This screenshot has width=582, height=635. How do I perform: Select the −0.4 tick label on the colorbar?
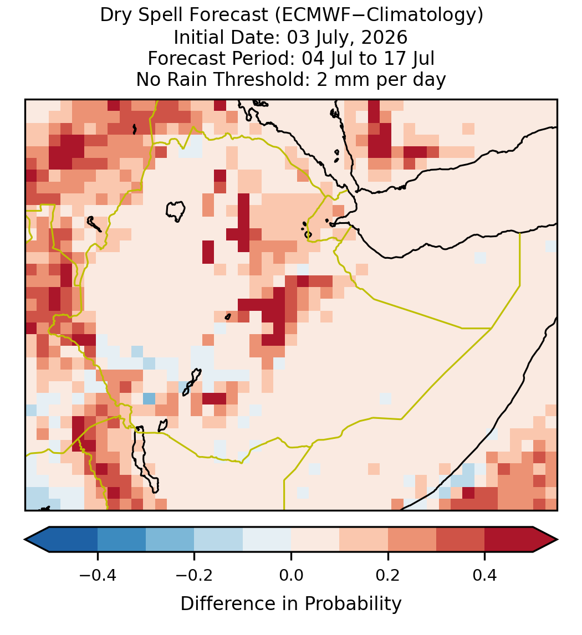pyautogui.click(x=98, y=575)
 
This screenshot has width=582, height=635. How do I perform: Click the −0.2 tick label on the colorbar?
pyautogui.click(x=194, y=575)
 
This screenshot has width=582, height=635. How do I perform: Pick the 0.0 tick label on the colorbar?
pyautogui.click(x=291, y=575)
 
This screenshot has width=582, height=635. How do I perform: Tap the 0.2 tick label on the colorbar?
pyautogui.click(x=388, y=575)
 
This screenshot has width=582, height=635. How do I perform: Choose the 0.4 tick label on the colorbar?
pyautogui.click(x=485, y=575)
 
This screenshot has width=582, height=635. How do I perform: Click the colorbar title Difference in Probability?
pyautogui.click(x=291, y=604)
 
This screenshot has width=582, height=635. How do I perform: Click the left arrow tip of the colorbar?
pyautogui.click(x=25, y=540)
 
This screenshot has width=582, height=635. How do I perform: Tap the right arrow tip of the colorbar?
pyautogui.click(x=558, y=540)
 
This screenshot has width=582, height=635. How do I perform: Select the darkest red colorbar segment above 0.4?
pyautogui.click(x=509, y=540)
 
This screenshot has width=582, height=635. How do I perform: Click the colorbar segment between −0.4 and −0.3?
pyautogui.click(x=121, y=540)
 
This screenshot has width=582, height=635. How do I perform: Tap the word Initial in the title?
pyautogui.click(x=198, y=37)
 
